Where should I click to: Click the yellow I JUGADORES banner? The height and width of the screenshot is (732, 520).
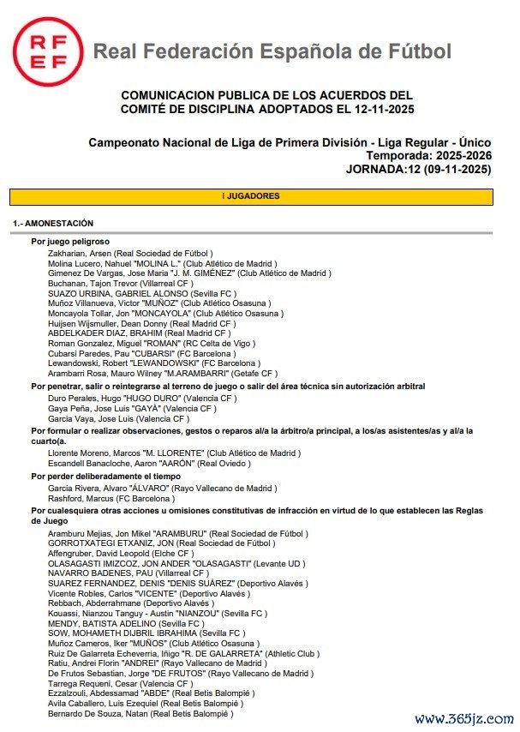(x=251, y=196)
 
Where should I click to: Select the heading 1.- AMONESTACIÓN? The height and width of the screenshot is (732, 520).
(x=53, y=223)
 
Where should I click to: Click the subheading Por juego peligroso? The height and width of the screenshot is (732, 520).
(x=70, y=243)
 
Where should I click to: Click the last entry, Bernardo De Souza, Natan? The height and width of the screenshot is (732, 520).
(x=140, y=713)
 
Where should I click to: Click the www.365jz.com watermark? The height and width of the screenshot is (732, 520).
(x=462, y=719)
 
